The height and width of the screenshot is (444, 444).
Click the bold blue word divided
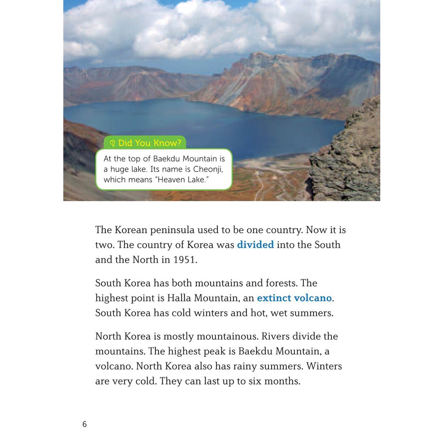[x=255, y=245]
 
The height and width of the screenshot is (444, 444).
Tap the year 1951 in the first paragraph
[x=185, y=260]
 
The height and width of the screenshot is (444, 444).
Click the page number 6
[x=85, y=424]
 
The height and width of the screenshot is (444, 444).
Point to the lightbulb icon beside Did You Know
[x=112, y=142]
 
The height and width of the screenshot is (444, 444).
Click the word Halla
[x=180, y=298]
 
